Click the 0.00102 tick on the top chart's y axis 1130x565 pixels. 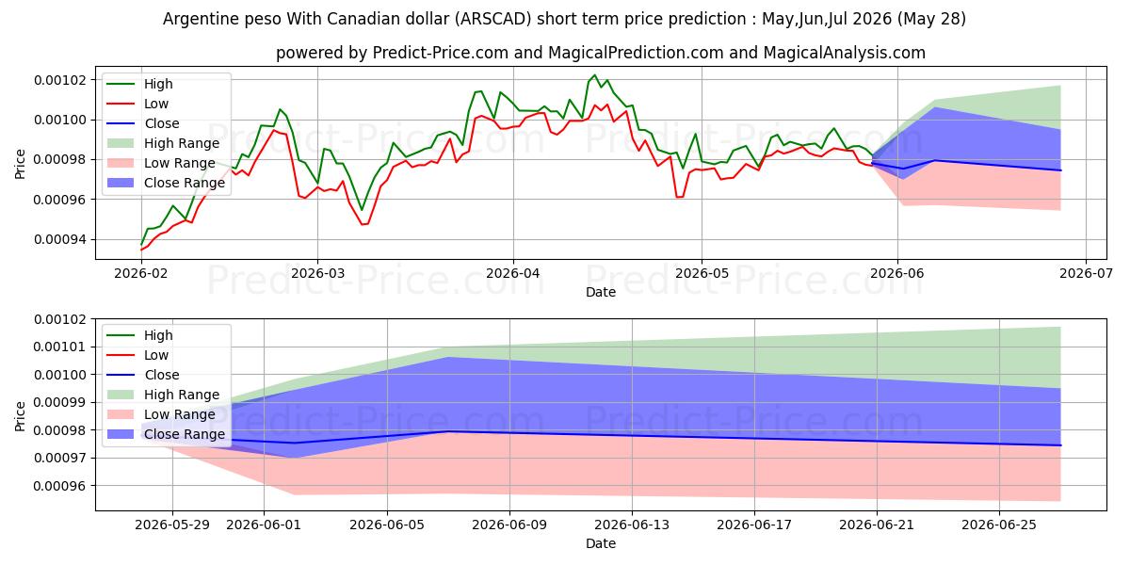click(60, 80)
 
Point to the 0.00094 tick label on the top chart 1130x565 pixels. click(60, 239)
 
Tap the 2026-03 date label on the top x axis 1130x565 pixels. click(318, 273)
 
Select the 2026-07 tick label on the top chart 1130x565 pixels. click(1086, 273)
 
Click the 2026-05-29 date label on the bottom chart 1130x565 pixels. click(172, 525)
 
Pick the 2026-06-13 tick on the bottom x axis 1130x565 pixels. click(632, 525)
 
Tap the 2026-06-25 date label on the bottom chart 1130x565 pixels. click(999, 525)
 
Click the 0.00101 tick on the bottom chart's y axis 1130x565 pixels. click(60, 347)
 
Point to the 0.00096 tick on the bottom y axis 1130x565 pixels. click(60, 486)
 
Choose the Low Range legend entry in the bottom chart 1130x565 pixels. click(161, 414)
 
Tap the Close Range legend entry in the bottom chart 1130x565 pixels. click(166, 434)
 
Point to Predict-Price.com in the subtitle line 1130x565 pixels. click(441, 53)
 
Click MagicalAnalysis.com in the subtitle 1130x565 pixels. click(845, 53)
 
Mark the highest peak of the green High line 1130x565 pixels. click(594, 75)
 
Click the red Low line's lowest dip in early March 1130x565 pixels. click(363, 224)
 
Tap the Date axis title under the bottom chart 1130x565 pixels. click(601, 544)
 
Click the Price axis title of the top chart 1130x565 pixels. click(20, 165)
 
